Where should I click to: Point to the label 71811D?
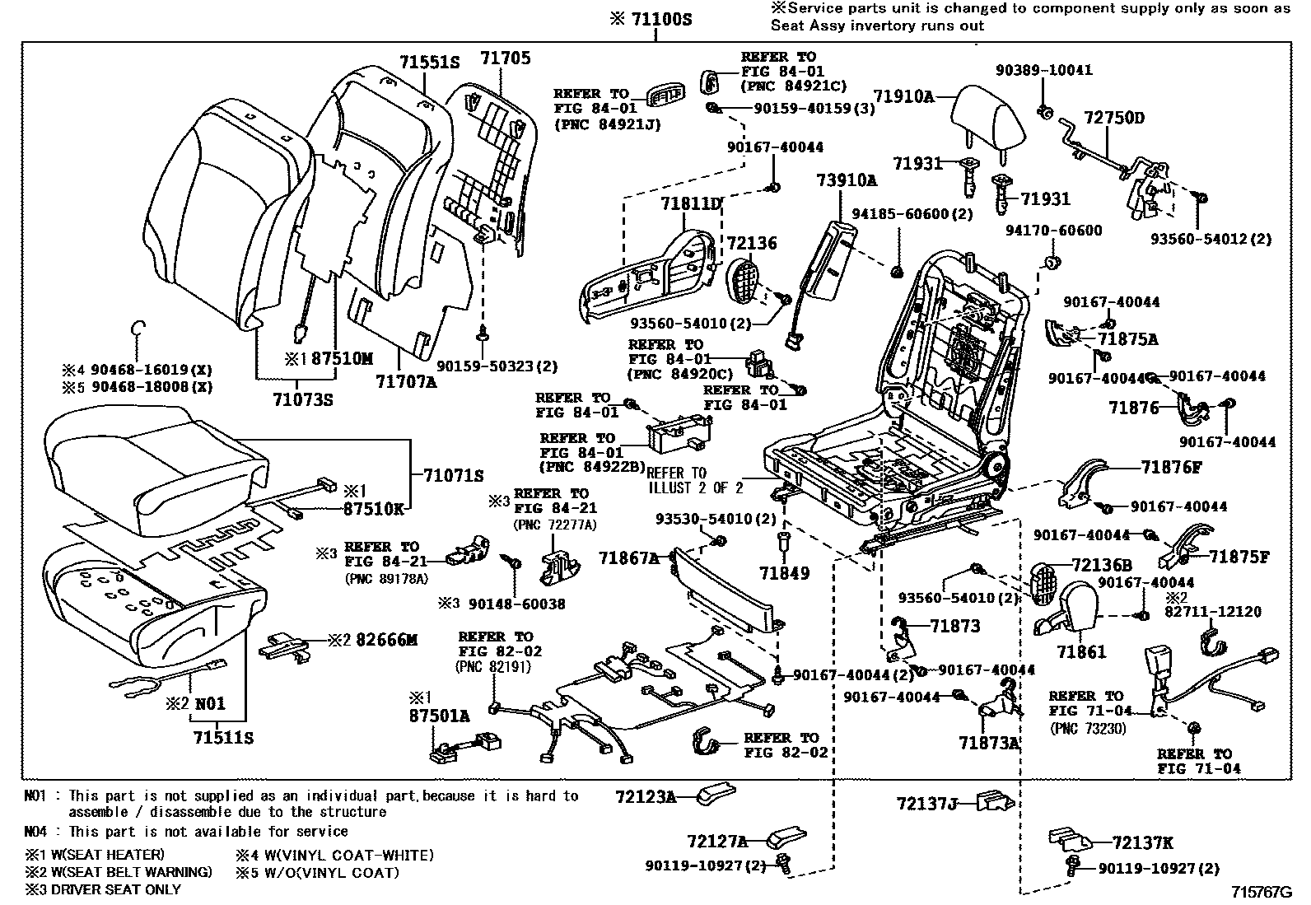click(x=690, y=203)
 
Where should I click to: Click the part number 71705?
click(x=506, y=58)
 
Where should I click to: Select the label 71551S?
click(x=429, y=63)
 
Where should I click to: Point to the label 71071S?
click(x=453, y=475)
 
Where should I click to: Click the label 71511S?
click(x=223, y=737)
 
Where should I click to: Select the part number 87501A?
click(x=439, y=716)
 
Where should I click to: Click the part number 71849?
click(x=784, y=572)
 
